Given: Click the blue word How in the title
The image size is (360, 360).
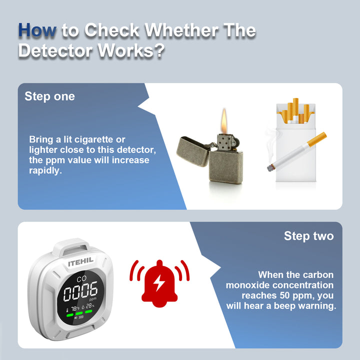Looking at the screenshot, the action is (x=37, y=30).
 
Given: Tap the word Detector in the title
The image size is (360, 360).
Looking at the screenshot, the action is (x=55, y=50).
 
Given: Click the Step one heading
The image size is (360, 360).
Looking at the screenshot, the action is (x=49, y=96).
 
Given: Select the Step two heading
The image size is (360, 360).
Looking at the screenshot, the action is (x=309, y=236).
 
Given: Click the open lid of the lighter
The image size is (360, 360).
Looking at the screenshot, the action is (x=193, y=151).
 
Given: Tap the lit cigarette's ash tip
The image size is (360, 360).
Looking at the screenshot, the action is (x=271, y=168).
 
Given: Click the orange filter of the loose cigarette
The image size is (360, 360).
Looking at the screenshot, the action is (x=316, y=139).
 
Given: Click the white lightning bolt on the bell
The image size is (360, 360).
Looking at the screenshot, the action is (x=159, y=282).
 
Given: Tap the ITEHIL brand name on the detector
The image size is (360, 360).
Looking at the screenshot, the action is (x=81, y=261).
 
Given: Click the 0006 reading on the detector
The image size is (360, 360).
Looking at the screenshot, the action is (x=80, y=291).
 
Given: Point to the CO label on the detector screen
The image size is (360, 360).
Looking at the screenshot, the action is (x=81, y=278).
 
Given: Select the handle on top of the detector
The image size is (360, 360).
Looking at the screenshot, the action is (x=71, y=247).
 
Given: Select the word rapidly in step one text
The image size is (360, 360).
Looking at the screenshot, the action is (x=45, y=170).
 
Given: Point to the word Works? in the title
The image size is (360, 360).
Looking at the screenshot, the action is (x=131, y=50).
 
